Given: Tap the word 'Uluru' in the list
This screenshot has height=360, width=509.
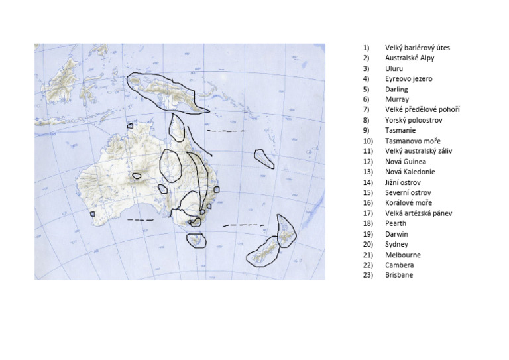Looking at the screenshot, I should pos(394,68).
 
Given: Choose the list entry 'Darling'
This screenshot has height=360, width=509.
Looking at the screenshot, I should pos(396,90).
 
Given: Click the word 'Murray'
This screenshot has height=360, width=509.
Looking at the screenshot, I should pos(396,99).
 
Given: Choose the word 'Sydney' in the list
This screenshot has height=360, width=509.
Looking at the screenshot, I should pos(396,245).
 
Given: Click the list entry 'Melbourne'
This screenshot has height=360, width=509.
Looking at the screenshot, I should pos(402,255).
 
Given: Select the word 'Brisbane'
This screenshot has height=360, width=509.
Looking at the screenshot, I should pos(398,275).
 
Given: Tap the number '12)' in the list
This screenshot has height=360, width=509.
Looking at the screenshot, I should pos(367,162).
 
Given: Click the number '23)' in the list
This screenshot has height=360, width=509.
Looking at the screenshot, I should pos(367,275).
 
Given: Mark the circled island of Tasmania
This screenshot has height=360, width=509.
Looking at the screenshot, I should pos(196,240).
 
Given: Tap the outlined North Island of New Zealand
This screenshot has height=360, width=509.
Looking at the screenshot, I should pos(286,231).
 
